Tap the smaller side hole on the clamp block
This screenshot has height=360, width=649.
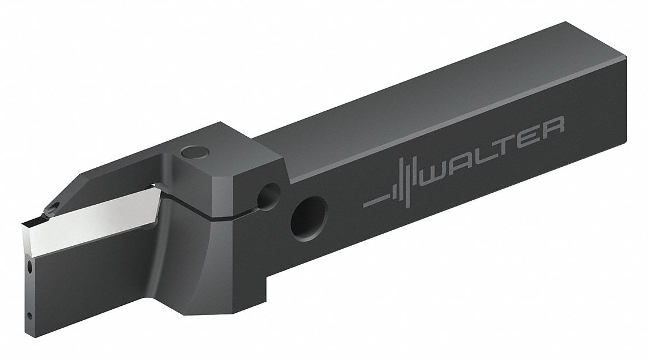click(268, 196)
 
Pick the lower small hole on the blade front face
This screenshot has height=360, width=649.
click(28, 315)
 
